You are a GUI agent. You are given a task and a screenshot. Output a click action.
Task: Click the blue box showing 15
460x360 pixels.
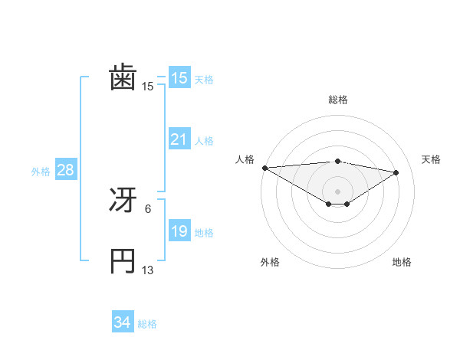coord(179,78)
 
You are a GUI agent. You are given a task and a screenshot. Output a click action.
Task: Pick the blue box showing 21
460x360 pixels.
coord(179,139)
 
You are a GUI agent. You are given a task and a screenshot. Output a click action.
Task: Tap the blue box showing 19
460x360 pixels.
coord(179,231)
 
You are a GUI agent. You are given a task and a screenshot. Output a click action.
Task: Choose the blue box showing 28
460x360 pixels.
coord(65,170)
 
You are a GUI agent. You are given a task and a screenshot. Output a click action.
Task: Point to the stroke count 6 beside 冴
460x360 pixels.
coord(148,208)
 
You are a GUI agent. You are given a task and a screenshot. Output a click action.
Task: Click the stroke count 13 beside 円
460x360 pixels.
coord(148,270)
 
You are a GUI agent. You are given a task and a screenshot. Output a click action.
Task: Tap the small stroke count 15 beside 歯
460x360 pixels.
coord(148,87)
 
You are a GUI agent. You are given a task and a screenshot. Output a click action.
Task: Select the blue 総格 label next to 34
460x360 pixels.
coord(147,325)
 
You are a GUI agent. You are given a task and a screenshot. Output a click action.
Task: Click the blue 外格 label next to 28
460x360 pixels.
coord(41,172)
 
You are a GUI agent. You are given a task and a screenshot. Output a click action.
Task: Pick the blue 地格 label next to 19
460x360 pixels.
coord(204,233)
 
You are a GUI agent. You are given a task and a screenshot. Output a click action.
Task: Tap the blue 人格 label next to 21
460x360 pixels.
coord(204,141)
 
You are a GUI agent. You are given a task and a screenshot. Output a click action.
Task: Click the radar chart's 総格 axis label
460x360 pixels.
coord(337,100)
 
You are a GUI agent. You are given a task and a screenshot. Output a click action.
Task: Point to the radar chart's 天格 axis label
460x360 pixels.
coord(431,159)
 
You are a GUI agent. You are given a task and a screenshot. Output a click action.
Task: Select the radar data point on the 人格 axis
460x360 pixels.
coord(264,168)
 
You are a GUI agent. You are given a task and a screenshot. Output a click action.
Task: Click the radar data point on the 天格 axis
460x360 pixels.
coord(396,172)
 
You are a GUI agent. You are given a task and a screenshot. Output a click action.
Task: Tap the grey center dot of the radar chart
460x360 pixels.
coord(337,191)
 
